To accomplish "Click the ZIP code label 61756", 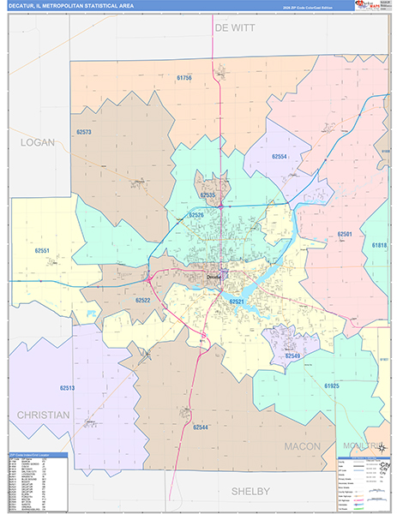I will pos(184,78).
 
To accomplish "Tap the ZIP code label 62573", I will pos(83,132).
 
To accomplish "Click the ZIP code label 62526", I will pos(196,214).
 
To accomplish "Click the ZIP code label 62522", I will pos(142,300).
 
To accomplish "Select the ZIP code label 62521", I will pos(236,302).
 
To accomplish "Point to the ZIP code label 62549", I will pos(292,356).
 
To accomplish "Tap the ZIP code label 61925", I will pos(332,386).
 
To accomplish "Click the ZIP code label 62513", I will pos(67,387).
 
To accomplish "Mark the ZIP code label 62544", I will pos(201,426).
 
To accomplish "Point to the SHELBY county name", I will pos(250,491).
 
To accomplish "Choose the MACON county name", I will pos(302,446).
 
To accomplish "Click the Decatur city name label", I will pos(214,276).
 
